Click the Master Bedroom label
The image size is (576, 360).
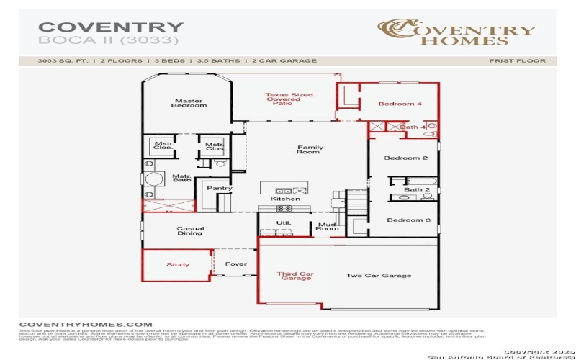click(189, 103)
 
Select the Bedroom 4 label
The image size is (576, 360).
click(400, 104)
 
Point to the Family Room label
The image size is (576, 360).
click(310, 150)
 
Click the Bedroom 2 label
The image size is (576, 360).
click(406, 158)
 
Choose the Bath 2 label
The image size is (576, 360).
click(416, 189)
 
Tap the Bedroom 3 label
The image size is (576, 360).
click(408, 220)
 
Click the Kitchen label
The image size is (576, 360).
click(280, 199)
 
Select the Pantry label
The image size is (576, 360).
click(219, 189)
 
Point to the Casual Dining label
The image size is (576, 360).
click(190, 230)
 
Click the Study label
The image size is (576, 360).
click(178, 265)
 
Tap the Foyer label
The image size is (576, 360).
click(235, 264)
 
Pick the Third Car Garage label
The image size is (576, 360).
click(296, 275)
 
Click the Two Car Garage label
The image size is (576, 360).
click(379, 276)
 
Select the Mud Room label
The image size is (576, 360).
click(328, 227)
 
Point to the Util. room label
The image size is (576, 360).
click(284, 223)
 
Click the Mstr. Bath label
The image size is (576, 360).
click(181, 177)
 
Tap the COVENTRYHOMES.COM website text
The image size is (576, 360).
click(86, 325)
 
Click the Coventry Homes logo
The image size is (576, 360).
click(458, 32)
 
